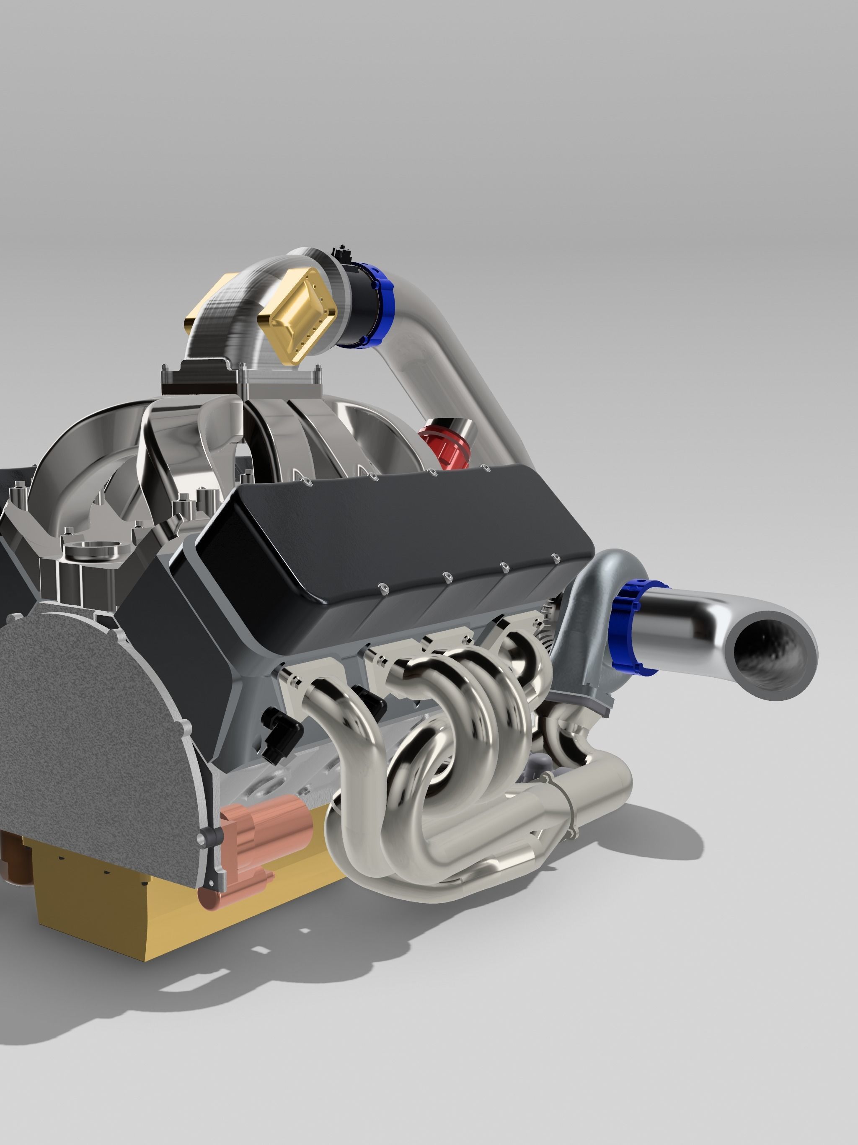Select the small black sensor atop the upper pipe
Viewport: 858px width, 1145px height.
pos(341,254)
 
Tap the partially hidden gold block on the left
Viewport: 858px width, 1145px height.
pos(204,311)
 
